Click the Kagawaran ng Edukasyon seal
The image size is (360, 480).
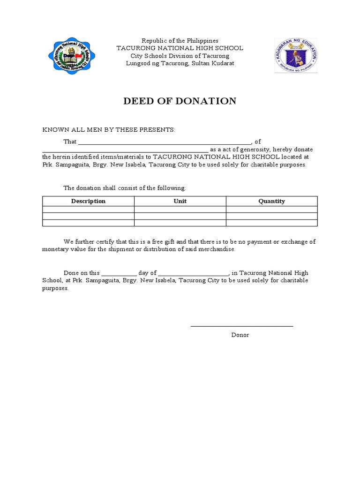click(295, 56)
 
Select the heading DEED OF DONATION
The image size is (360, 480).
click(180, 101)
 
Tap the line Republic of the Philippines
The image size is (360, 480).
click(180, 41)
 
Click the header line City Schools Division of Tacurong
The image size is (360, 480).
click(180, 56)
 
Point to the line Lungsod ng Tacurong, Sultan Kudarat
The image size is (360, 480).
click(180, 63)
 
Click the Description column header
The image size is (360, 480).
click(88, 201)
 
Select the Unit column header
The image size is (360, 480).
click(180, 201)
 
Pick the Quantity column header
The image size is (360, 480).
click(271, 201)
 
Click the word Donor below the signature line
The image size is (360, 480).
click(240, 335)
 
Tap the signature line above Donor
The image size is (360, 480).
click(241, 325)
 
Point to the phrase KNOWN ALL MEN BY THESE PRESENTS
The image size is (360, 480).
click(109, 129)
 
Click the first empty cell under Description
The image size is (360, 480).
click(88, 210)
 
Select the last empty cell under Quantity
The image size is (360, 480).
click(271, 223)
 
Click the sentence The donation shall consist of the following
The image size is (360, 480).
click(125, 188)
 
